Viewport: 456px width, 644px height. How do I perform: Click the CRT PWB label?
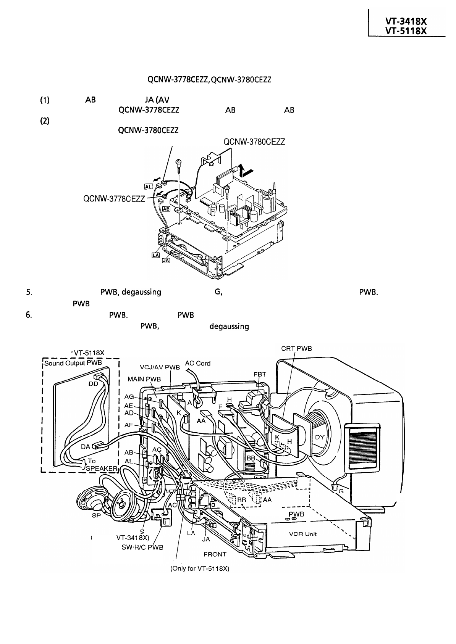[296, 348]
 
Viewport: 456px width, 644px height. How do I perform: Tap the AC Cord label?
[197, 363]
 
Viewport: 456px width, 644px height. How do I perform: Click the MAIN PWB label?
[144, 379]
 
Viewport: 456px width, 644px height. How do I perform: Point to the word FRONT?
[215, 554]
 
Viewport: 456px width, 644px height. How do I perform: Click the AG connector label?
[129, 397]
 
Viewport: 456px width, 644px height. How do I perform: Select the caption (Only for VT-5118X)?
[199, 568]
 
